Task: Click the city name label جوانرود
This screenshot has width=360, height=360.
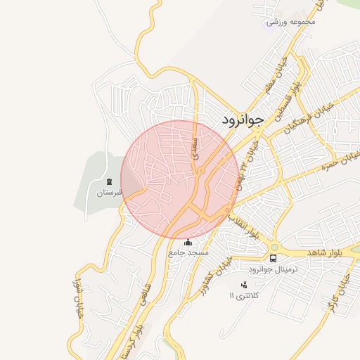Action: coord(243,119)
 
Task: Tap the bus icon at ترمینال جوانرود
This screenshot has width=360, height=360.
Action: coord(274,258)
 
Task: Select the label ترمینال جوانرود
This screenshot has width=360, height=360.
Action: coord(274,270)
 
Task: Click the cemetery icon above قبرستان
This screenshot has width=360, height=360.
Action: coord(109,182)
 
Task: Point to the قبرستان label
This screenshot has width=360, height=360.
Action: coord(109,192)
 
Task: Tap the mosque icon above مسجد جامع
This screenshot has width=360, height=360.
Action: coord(188,243)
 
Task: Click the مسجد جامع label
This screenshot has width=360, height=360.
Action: coord(188,252)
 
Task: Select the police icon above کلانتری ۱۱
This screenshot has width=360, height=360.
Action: coord(244,285)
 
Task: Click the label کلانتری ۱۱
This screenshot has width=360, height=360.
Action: coord(244,295)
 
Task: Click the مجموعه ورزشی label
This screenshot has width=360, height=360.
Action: coord(292,22)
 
